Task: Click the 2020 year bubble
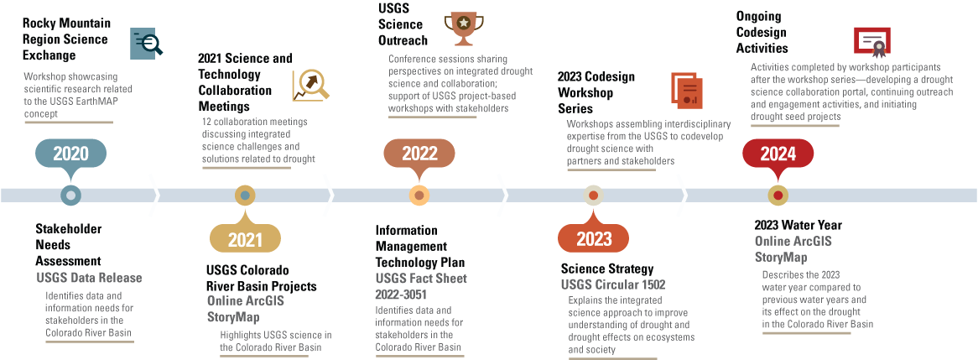[x=70, y=154]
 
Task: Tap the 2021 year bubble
[x=245, y=240]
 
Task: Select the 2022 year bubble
[x=419, y=153]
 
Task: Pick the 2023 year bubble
[x=594, y=239]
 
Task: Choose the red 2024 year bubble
[x=778, y=154]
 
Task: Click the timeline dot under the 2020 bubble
[x=70, y=196]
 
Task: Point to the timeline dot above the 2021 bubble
[x=245, y=196]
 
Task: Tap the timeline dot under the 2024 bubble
[x=778, y=196]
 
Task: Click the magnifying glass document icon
[x=147, y=43]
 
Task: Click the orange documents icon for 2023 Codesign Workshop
[x=686, y=89]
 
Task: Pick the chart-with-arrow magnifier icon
[x=310, y=85]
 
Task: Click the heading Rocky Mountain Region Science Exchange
[x=65, y=39]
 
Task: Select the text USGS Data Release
[x=89, y=278]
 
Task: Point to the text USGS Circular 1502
[x=613, y=284]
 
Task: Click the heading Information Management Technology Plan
[x=411, y=247]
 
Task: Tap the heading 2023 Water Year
[x=798, y=225]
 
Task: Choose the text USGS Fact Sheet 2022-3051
[x=421, y=286]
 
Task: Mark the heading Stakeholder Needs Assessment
[x=69, y=244]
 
